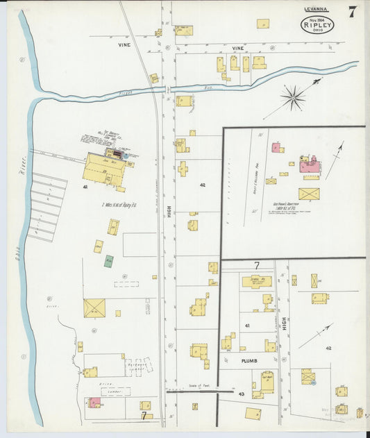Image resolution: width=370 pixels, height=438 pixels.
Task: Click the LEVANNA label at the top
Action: (x=317, y=10)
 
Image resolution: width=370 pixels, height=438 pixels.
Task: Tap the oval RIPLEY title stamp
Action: (x=317, y=25)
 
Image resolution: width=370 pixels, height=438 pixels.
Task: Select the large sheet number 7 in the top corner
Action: (x=353, y=12)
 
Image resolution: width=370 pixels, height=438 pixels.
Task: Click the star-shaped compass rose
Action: (x=294, y=98)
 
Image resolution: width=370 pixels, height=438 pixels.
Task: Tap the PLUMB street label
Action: (x=250, y=362)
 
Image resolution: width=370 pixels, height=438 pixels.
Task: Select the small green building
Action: (x=108, y=261)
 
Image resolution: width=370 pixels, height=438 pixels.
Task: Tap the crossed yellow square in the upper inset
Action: (x=309, y=194)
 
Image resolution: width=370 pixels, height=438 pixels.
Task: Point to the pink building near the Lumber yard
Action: (x=94, y=403)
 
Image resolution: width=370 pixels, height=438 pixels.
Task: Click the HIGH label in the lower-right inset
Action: (x=284, y=322)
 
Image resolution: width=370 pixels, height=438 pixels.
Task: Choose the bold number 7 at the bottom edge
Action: (x=144, y=416)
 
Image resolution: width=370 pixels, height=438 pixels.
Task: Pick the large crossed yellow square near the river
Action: (x=94, y=308)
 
